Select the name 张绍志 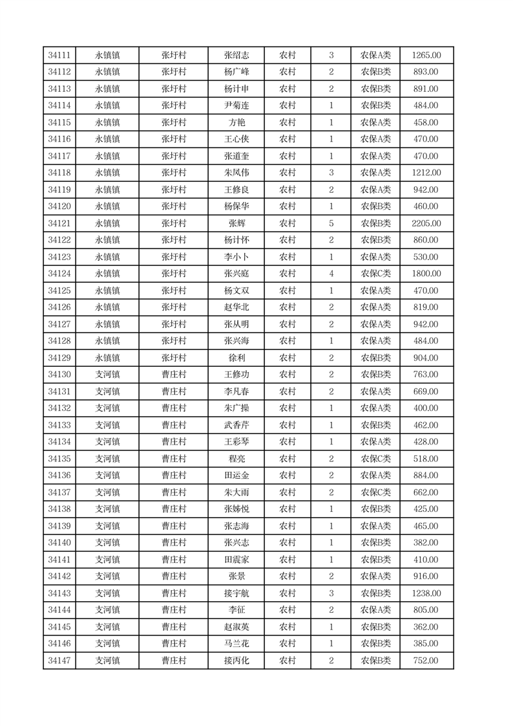[x=236, y=56]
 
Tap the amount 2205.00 [x=426, y=223]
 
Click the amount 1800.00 [x=426, y=274]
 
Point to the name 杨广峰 [x=236, y=72]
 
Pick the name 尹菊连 [x=236, y=106]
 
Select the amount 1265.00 [x=426, y=56]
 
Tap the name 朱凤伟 [x=236, y=173]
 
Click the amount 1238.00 [x=426, y=593]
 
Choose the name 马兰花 [x=236, y=644]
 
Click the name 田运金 [x=236, y=476]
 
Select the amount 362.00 [x=426, y=627]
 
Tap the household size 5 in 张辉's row [x=331, y=223]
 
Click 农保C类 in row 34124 [x=375, y=274]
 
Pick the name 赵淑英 [x=236, y=627]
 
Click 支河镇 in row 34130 [x=107, y=375]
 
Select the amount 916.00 [x=426, y=577]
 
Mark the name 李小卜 [x=236, y=257]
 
